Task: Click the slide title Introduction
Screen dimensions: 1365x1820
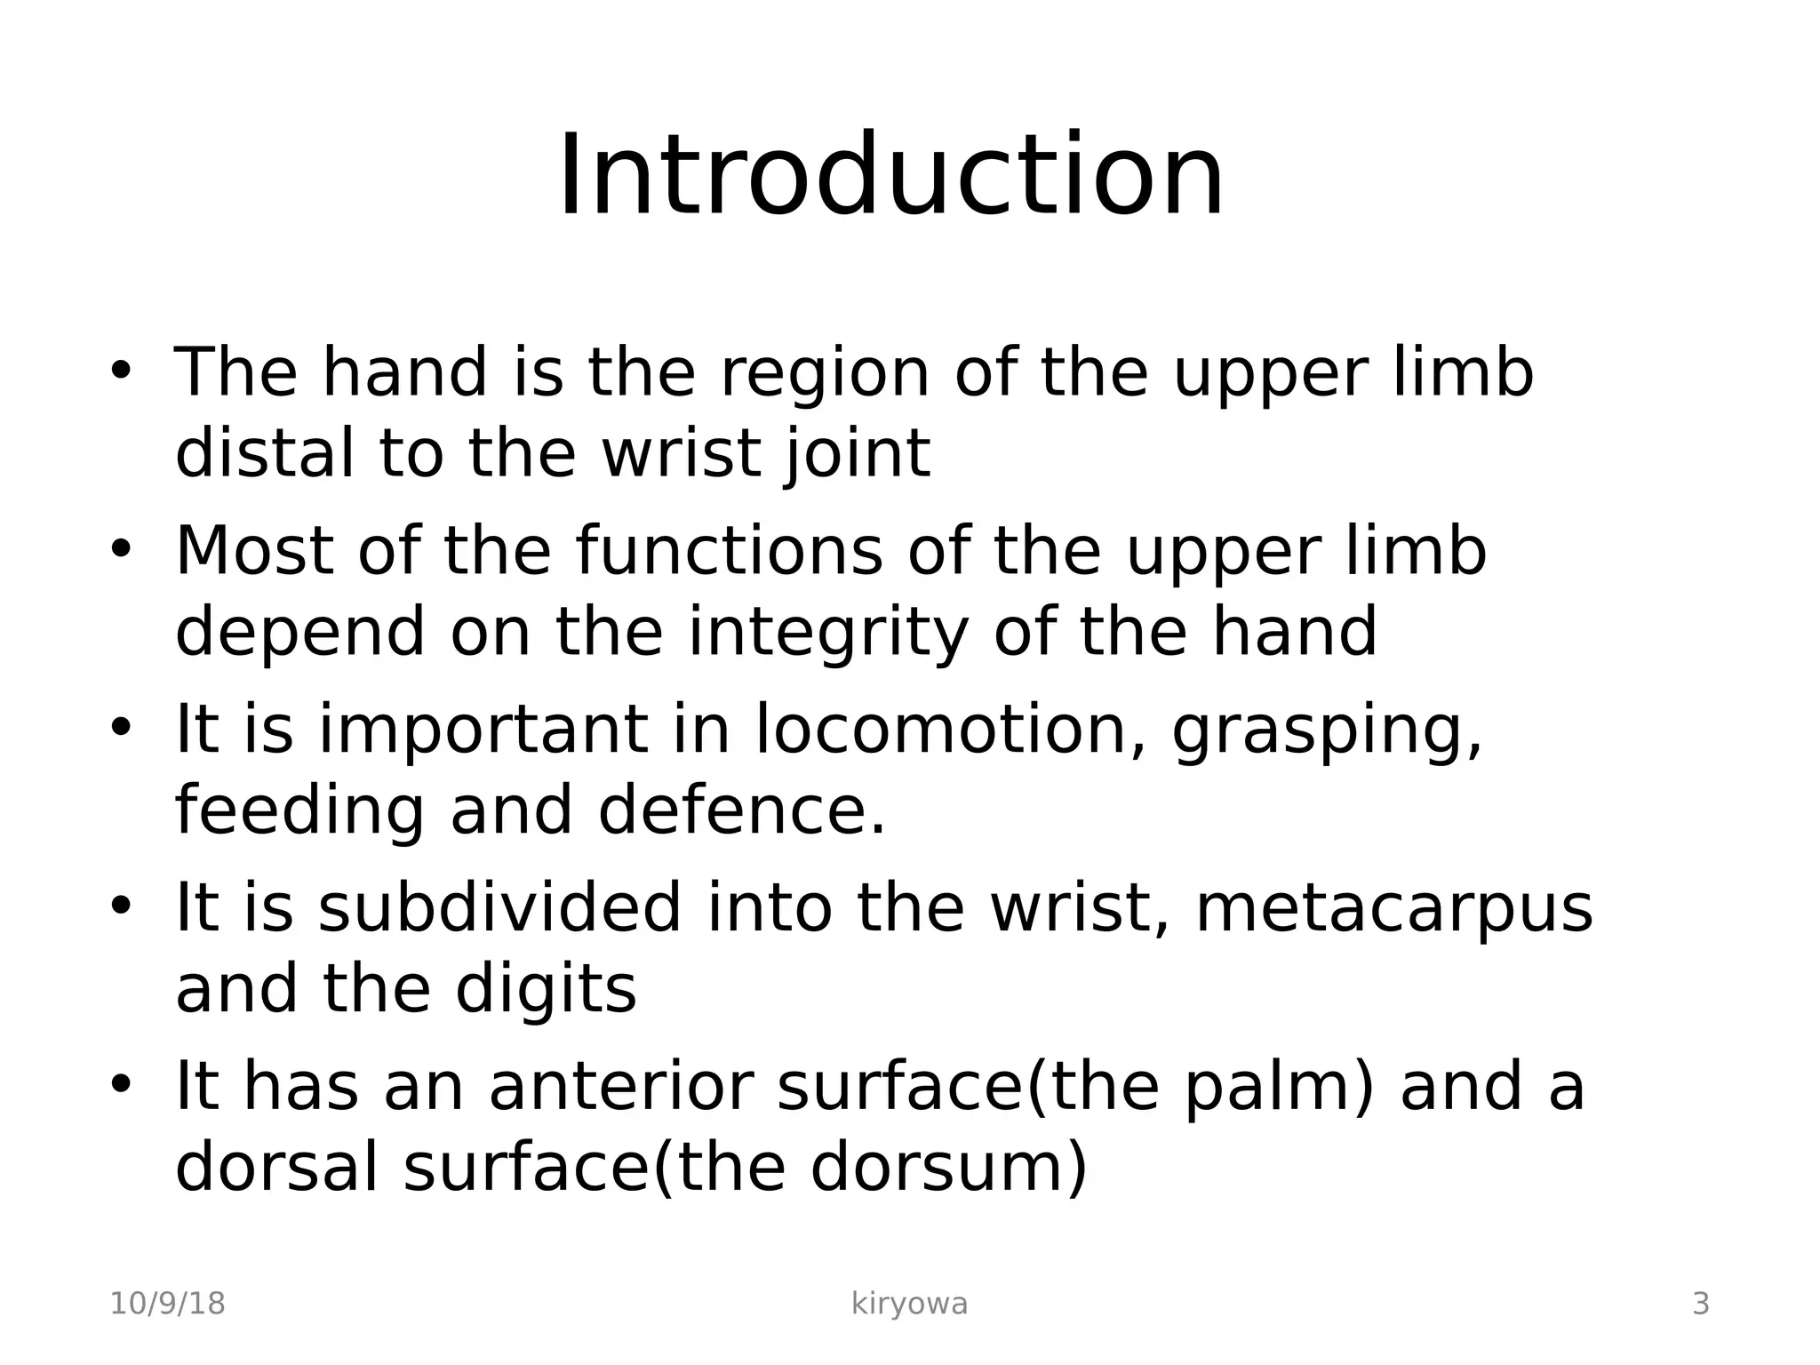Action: click(x=890, y=175)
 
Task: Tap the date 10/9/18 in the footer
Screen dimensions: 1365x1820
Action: click(x=167, y=1305)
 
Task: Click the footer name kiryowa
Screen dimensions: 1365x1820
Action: click(x=909, y=1305)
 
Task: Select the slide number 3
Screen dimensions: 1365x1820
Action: click(x=1700, y=1305)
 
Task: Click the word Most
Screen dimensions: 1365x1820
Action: click(x=255, y=551)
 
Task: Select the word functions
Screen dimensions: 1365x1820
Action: click(x=729, y=551)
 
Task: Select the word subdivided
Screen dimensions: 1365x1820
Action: click(x=499, y=908)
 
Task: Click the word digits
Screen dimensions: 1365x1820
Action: click(x=546, y=990)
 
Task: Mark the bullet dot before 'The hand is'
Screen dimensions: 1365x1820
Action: click(x=121, y=369)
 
